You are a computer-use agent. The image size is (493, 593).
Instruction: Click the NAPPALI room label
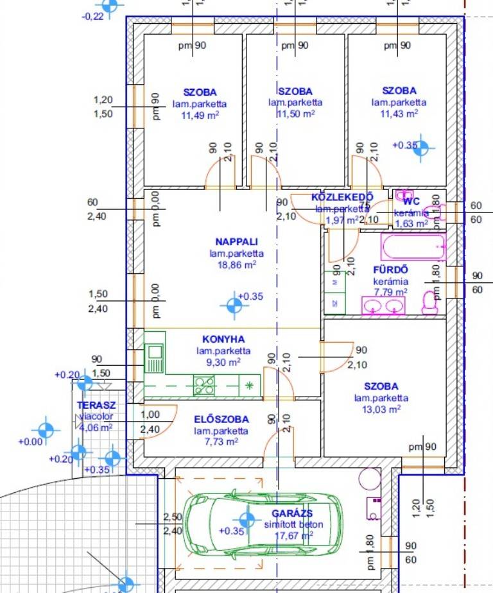click(236, 242)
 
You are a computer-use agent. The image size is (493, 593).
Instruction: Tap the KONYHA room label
click(223, 339)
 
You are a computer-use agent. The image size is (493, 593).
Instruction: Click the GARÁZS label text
click(292, 513)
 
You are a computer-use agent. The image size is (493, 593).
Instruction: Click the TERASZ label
click(96, 406)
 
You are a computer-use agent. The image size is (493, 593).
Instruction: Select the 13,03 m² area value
click(381, 409)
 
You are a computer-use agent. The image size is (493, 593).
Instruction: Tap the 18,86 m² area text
click(236, 264)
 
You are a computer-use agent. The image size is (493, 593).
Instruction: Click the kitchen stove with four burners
click(205, 385)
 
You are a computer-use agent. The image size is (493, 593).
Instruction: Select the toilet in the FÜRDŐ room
click(429, 302)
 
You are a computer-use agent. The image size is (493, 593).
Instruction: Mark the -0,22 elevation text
click(93, 17)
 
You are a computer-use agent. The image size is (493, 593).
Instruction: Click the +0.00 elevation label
click(30, 442)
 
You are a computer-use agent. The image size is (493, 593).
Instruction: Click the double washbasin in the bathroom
click(384, 307)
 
